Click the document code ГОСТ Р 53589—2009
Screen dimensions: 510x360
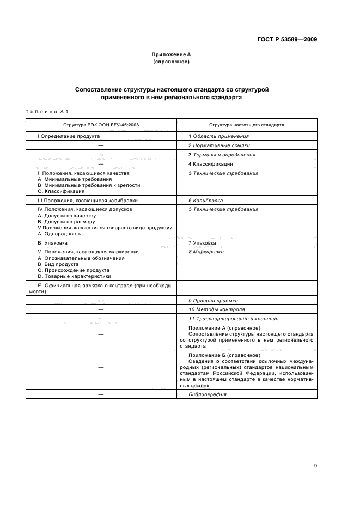tap(287, 40)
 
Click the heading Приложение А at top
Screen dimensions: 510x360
tap(171, 54)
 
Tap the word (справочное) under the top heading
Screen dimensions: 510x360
tap(171, 62)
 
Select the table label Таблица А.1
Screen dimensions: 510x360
tap(46, 112)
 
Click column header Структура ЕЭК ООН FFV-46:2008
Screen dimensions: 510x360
tap(101, 125)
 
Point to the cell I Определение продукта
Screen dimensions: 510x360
tap(68, 136)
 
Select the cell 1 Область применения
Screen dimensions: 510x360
tap(218, 136)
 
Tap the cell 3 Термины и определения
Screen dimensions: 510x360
tap(222, 155)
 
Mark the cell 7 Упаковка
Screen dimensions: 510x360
tap(202, 242)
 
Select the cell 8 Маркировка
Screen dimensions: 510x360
tap(206, 252)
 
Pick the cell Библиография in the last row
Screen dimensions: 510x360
tap(208, 394)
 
